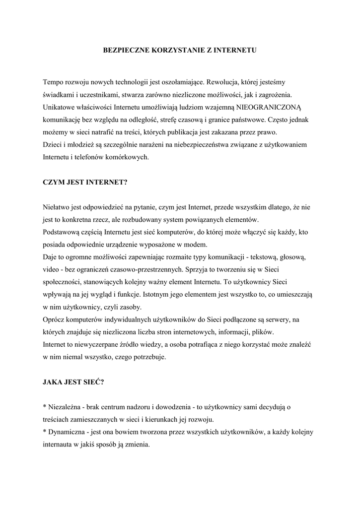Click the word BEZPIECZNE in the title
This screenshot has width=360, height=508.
pyautogui.click(x=122, y=50)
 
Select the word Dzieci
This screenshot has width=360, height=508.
pyautogui.click(x=53, y=145)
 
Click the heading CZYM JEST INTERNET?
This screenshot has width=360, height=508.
pyautogui.click(x=85, y=182)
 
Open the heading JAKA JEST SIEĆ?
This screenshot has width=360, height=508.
pyautogui.click(x=73, y=382)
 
